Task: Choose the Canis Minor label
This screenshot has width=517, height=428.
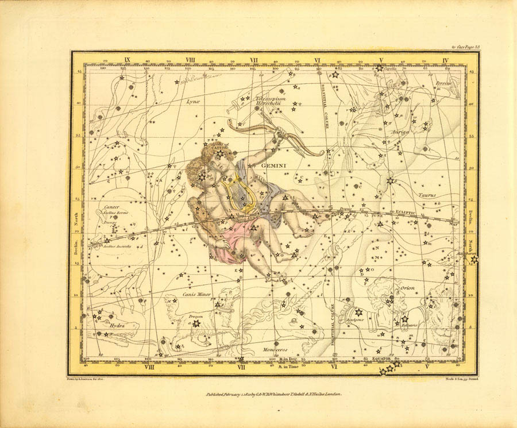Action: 197,294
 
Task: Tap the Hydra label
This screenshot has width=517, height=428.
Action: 117,325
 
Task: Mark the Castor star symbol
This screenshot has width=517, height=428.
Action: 219,153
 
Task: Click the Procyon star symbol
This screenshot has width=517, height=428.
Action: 196,323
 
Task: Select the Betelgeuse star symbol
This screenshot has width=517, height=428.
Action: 358,312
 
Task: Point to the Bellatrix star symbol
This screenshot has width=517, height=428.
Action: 404,319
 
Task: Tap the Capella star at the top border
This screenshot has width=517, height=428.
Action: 379,68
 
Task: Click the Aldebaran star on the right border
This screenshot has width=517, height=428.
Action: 474,260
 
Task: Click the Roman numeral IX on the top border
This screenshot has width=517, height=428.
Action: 128,60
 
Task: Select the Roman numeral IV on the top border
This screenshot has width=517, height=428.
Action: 446,60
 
